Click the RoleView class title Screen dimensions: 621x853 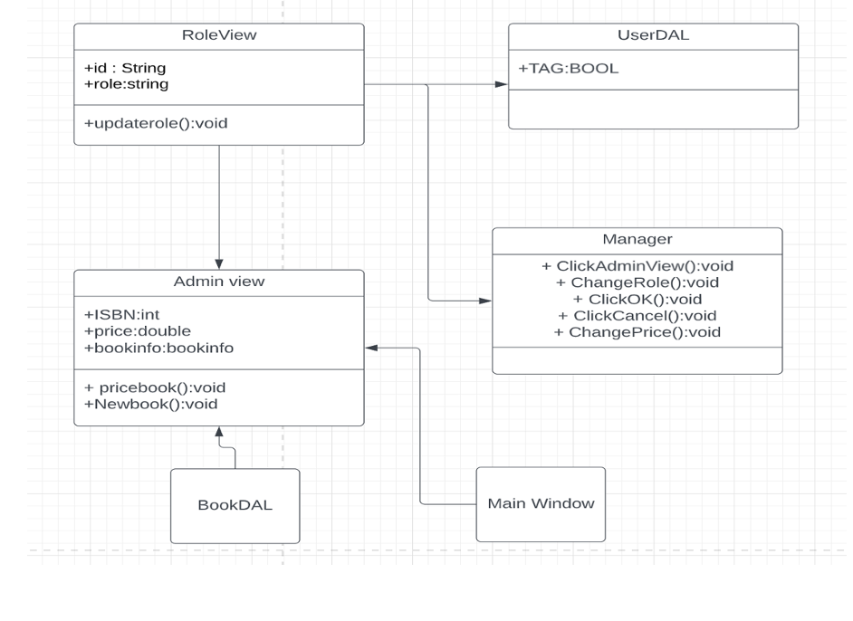[x=219, y=35]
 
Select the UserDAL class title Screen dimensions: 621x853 [x=653, y=35]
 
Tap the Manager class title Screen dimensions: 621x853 [x=637, y=240]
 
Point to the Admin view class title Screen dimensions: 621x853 [x=219, y=282]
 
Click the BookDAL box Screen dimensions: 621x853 [x=235, y=505]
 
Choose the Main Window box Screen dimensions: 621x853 [x=541, y=503]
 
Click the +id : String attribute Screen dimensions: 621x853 [x=125, y=68]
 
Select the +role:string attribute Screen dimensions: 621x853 [x=126, y=84]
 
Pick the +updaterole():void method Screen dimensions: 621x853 [x=156, y=122]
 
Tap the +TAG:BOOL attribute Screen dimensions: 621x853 [x=569, y=68]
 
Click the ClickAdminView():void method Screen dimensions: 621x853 [x=637, y=266]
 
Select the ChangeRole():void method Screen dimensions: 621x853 [x=637, y=282]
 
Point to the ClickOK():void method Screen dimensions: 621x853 [x=637, y=299]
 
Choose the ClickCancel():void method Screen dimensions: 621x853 [x=637, y=315]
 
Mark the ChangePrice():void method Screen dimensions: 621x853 [x=637, y=332]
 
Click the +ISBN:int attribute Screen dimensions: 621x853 [x=121, y=315]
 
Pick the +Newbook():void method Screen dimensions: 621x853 [x=150, y=404]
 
